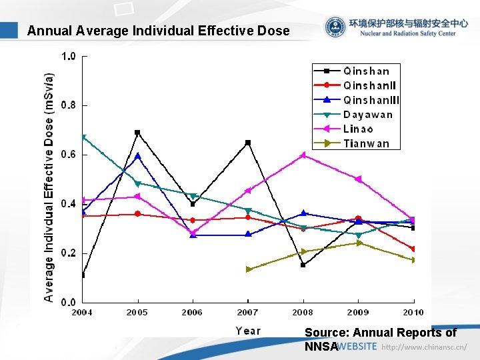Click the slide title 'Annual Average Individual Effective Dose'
tap(159, 31)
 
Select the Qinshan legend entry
tap(367, 71)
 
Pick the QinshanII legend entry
tap(369, 85)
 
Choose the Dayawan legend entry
tap(368, 115)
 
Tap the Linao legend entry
tap(358, 129)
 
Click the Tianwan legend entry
tap(366, 143)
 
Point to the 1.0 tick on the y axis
tap(69, 57)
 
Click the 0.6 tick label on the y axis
tap(69, 155)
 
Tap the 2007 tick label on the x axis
tap(248, 312)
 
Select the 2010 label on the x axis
tap(413, 312)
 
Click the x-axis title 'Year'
tap(248, 331)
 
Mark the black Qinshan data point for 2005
tap(137, 133)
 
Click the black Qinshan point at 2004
tap(83, 275)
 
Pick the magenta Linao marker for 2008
tap(303, 155)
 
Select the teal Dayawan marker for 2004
tap(83, 137)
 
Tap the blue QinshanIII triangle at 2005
tap(137, 155)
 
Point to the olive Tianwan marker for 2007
tap(248, 269)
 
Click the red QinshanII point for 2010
tap(413, 249)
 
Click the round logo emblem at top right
tap(335, 27)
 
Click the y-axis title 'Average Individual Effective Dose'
tap(49, 187)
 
